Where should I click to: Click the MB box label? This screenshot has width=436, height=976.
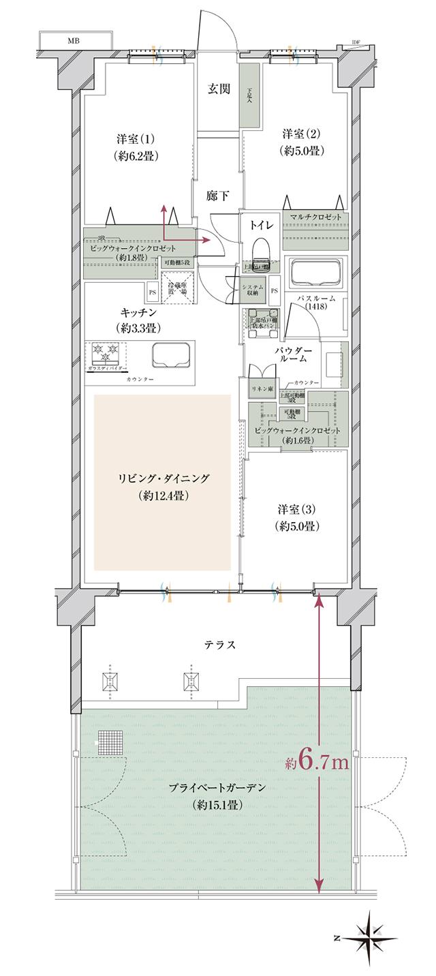pos(72,41)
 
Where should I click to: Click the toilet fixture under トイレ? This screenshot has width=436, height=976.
pos(260,252)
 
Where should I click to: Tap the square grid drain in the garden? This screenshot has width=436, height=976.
pos(107,742)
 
